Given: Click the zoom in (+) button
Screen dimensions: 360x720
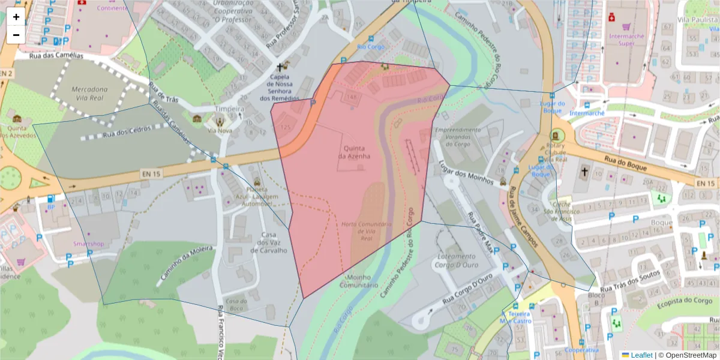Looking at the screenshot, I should click(16, 17).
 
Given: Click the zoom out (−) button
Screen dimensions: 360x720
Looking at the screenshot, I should click(16, 34).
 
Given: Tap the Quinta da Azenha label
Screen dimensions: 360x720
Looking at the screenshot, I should click(354, 151).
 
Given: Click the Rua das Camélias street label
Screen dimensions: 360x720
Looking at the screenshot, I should click(57, 56).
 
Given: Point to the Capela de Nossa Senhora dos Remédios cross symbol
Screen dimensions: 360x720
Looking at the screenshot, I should click(280, 68).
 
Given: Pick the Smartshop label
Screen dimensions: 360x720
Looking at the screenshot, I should click(88, 244).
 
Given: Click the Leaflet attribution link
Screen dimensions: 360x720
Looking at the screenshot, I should click(641, 355).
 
